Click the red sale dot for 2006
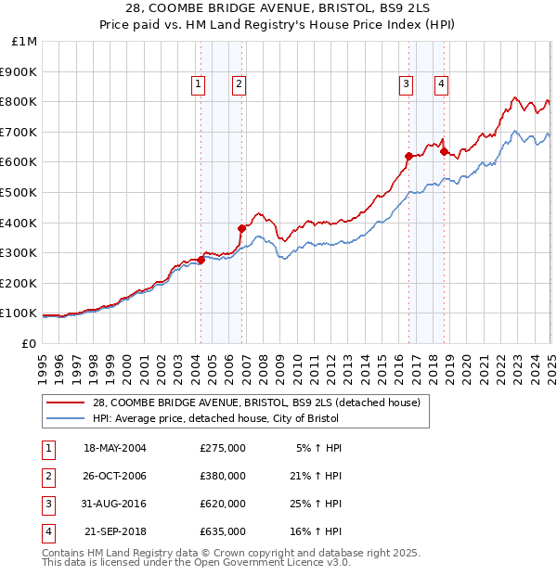241,228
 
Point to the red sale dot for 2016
408,156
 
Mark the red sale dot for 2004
201,261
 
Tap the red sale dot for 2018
444,151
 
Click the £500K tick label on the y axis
19,192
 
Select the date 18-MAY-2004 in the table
115,448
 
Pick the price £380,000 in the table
223,476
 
